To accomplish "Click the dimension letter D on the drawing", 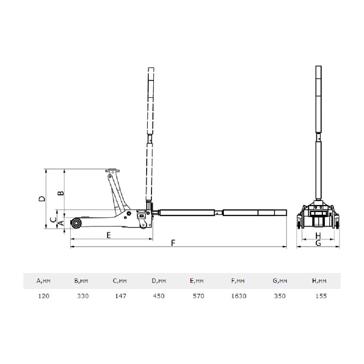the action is [42, 199].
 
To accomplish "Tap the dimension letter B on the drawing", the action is [61, 193].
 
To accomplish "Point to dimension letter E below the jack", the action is [108, 235].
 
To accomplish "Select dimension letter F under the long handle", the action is [173, 243].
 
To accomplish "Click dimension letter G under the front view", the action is [318, 243].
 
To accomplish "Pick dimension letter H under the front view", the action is [318, 236].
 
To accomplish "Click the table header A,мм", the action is [43, 281].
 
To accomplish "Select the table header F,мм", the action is [238, 281].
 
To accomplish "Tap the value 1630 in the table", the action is [239, 296].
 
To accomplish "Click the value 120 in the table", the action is [44, 296].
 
